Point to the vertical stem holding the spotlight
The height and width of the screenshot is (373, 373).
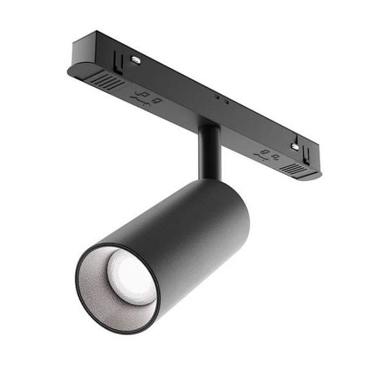pyautogui.click(x=209, y=151)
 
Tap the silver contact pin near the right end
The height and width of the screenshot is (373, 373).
pyautogui.click(x=295, y=147)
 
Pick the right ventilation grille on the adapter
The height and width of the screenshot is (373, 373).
pyautogui.click(x=292, y=168)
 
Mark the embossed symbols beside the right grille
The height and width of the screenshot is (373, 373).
pyautogui.click(x=266, y=154)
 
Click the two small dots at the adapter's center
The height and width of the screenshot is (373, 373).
pyautogui.click(x=221, y=99)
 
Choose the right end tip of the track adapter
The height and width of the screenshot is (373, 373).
pyautogui.click(x=319, y=174)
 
